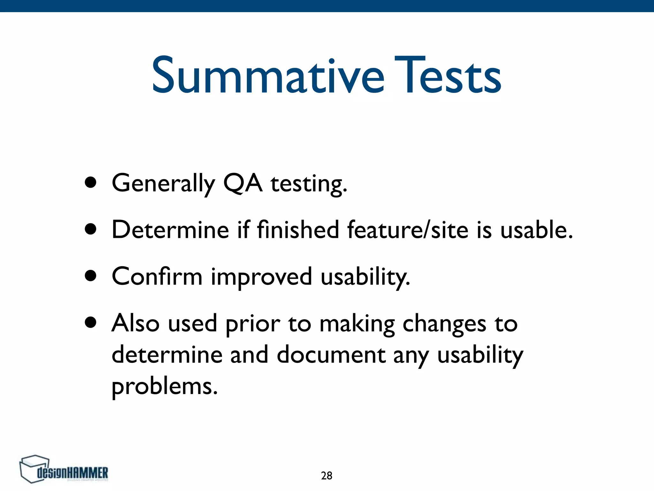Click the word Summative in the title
click(268, 76)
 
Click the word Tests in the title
click(448, 76)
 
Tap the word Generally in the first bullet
click(163, 183)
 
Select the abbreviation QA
click(243, 183)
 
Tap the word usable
click(536, 230)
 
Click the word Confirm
click(157, 276)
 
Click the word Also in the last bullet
click(135, 323)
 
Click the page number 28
click(326, 476)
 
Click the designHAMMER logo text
click(73, 473)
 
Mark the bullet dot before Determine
click(91, 229)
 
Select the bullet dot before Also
click(91, 323)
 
